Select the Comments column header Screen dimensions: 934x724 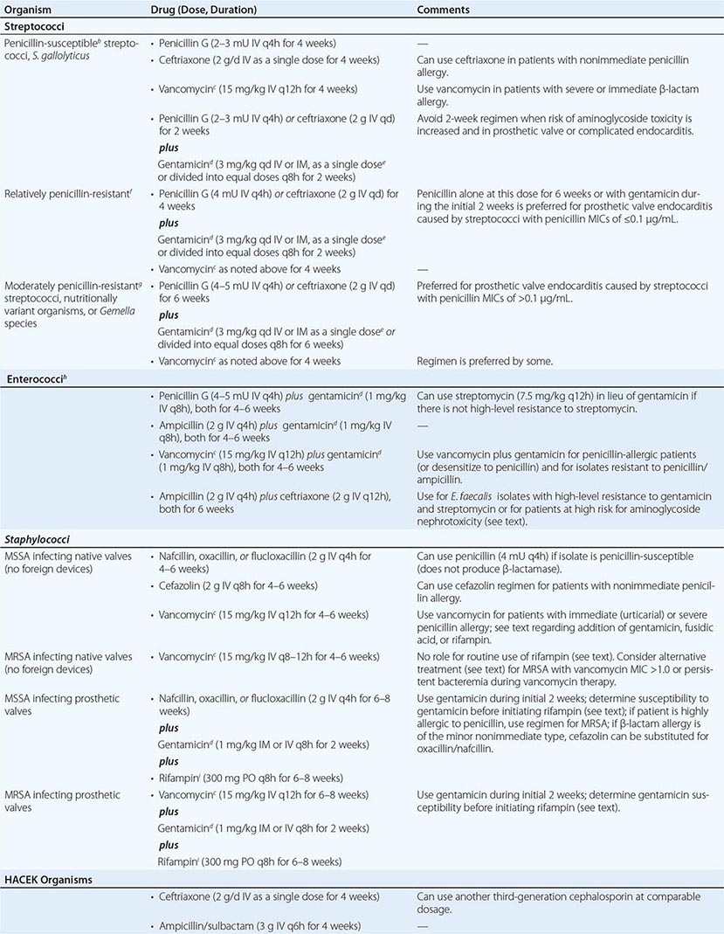pyautogui.click(x=443, y=10)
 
